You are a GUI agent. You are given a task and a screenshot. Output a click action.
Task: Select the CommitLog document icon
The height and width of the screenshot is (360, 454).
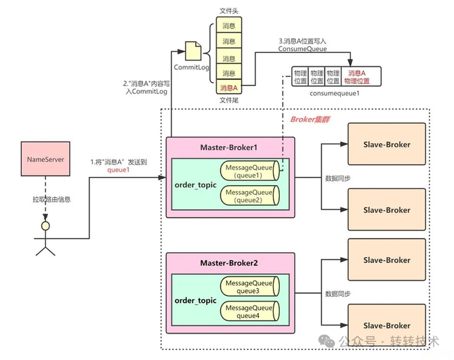point(192,50)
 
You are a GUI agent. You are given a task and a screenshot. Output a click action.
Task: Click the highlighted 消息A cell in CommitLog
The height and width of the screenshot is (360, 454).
point(229,87)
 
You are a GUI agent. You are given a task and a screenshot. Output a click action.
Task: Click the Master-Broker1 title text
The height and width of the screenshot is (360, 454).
point(230,147)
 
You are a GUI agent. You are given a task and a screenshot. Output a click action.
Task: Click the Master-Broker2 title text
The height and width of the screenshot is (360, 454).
point(230,262)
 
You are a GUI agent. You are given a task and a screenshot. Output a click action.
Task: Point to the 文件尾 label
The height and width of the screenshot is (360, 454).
point(229,100)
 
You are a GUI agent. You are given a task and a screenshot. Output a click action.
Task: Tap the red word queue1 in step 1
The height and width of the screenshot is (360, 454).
point(118,172)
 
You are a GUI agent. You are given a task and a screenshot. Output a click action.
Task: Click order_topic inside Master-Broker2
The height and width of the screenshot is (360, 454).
point(196,300)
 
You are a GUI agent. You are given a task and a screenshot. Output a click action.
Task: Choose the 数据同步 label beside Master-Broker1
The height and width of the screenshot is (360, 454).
point(339,178)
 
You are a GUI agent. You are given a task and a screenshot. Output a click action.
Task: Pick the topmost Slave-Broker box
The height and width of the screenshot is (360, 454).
point(386,144)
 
